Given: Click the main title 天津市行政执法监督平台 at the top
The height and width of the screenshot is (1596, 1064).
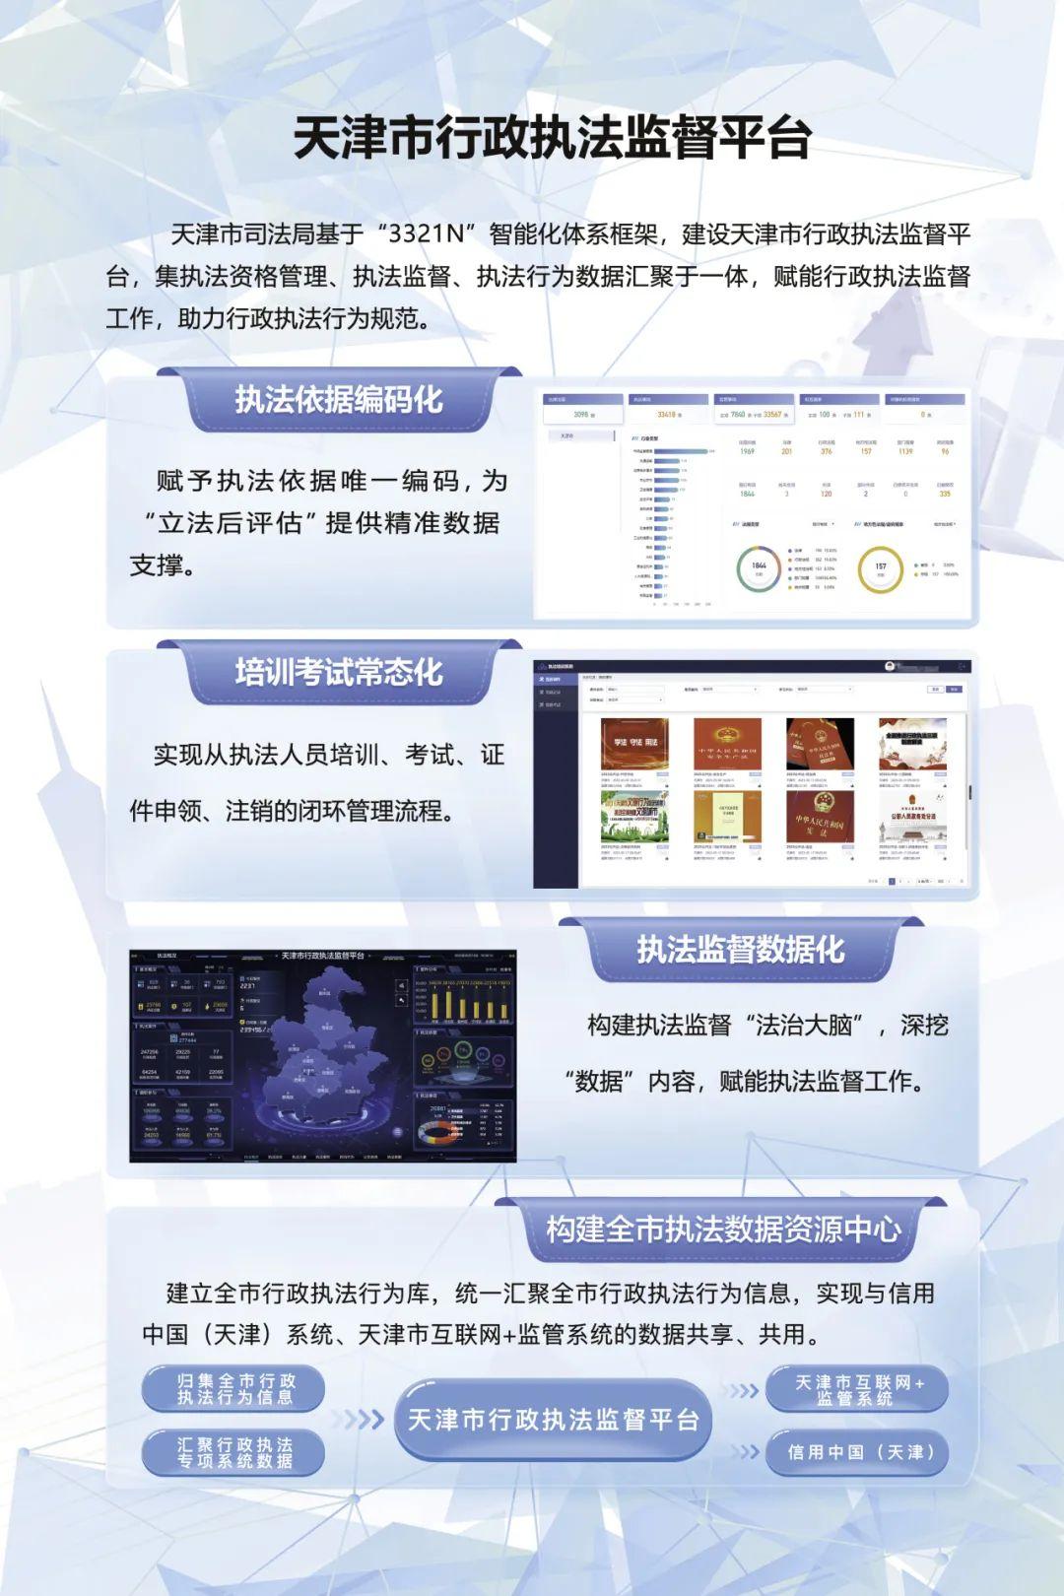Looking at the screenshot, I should [x=552, y=139].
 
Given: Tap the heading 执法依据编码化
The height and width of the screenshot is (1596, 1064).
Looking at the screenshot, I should [x=338, y=400].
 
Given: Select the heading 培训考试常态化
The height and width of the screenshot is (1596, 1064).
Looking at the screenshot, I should [x=338, y=673].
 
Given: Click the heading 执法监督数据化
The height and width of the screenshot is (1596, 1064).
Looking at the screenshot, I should [x=740, y=950].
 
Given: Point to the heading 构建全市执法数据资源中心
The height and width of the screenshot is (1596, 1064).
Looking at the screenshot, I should [x=723, y=1230].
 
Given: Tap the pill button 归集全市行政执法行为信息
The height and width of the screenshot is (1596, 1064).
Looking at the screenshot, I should [x=234, y=1389].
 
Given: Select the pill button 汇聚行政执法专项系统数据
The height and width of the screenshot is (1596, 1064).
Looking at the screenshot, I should [x=234, y=1452].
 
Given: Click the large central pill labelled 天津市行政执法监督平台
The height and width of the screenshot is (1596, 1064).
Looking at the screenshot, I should [x=553, y=1420].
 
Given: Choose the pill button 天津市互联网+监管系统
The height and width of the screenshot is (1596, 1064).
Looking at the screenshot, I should [x=858, y=1389].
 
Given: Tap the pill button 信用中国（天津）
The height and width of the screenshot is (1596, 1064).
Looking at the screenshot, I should [x=858, y=1452].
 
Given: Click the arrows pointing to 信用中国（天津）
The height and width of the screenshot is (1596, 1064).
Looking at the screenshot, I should [x=746, y=1452].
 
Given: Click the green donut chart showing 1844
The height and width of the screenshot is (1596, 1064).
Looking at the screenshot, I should [x=759, y=568].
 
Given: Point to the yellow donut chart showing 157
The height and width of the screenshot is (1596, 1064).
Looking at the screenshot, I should [x=880, y=568].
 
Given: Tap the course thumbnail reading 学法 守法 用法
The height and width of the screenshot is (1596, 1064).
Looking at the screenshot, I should [x=634, y=744].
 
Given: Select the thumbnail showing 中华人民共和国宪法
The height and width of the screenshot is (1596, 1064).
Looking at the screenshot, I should [x=820, y=818].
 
